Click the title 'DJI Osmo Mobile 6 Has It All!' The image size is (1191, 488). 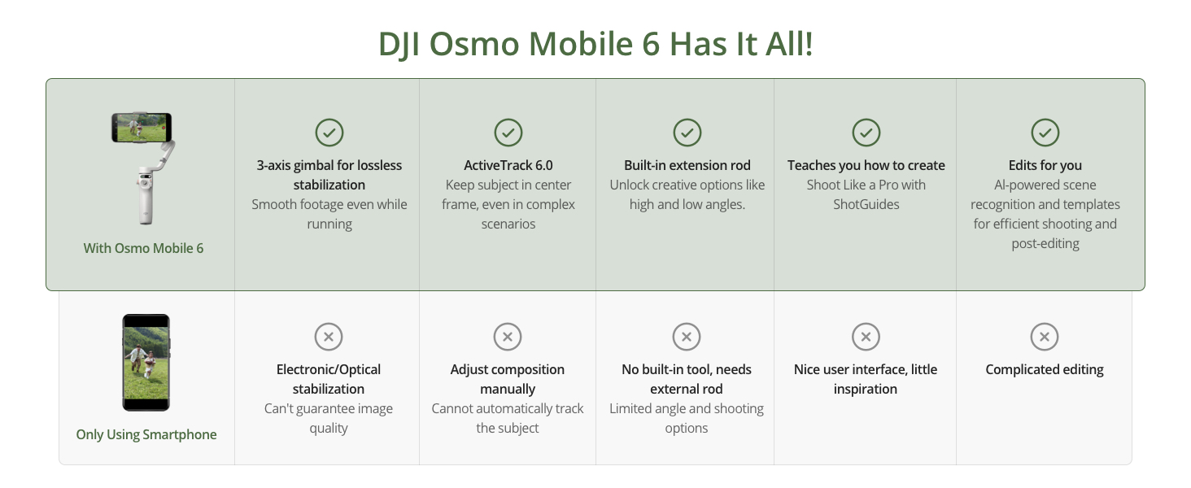[595, 44]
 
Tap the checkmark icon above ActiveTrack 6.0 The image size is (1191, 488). [508, 133]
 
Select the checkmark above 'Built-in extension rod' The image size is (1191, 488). [687, 133]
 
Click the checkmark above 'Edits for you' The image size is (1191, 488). [1045, 133]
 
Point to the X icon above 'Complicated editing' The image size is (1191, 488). [1045, 337]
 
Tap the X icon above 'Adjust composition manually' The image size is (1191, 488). [508, 337]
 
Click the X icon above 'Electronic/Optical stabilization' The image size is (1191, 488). [329, 337]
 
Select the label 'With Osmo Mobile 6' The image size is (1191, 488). [143, 248]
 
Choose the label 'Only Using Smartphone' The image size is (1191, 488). [146, 434]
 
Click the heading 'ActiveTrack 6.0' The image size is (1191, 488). [508, 165]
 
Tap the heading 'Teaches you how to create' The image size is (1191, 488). [866, 165]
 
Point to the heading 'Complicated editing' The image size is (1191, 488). [1045, 369]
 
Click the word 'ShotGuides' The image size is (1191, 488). [866, 205]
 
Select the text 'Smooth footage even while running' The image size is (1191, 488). [329, 214]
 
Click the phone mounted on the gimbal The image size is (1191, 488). [142, 128]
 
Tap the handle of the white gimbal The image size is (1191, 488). [146, 198]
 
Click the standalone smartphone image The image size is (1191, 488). [146, 363]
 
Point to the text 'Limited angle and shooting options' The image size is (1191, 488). [687, 418]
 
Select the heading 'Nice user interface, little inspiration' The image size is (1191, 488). [866, 379]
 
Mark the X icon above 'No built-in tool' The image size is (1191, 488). [687, 337]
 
